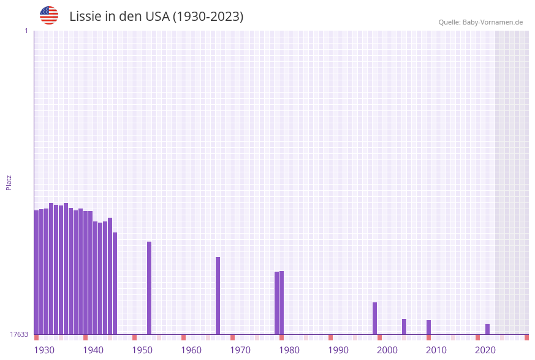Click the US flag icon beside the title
49,15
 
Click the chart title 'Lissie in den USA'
156,17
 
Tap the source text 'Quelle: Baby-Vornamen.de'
480,22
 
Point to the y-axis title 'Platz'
9,182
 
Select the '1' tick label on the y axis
26,31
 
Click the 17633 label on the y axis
19,334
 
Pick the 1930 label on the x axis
44,350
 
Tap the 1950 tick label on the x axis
142,350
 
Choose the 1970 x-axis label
240,350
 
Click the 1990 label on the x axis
338,350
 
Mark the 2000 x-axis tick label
387,350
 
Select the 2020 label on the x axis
485,350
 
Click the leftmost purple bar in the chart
36,272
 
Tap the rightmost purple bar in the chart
487,329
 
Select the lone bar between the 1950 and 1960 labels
149,288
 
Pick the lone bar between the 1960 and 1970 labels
218,296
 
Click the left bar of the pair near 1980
276,303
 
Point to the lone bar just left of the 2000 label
374,318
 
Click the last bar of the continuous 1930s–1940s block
115,283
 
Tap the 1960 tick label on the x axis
191,350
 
